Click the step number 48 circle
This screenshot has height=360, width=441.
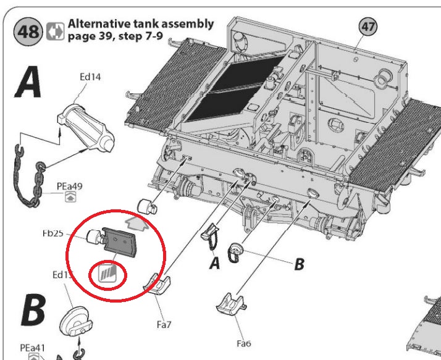(x=28, y=31)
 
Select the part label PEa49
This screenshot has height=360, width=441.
(x=69, y=185)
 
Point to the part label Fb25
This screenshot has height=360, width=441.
(x=54, y=234)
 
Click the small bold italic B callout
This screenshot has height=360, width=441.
(x=299, y=264)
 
